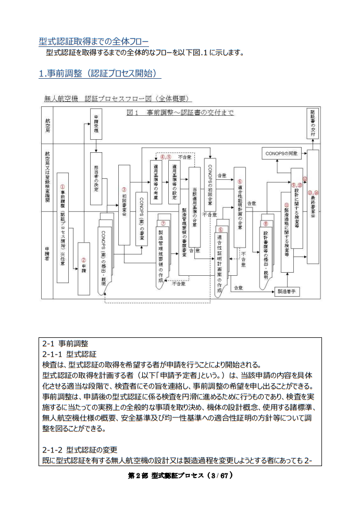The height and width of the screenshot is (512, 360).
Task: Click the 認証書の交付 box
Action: click(x=313, y=124)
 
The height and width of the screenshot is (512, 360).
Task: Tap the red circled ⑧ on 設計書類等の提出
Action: click(x=266, y=224)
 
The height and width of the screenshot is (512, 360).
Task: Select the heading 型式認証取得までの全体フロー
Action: click(x=93, y=41)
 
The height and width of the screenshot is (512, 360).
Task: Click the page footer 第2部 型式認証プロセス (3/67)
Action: click(x=180, y=476)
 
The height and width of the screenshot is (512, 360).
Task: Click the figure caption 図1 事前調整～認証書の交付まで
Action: click(x=180, y=113)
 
